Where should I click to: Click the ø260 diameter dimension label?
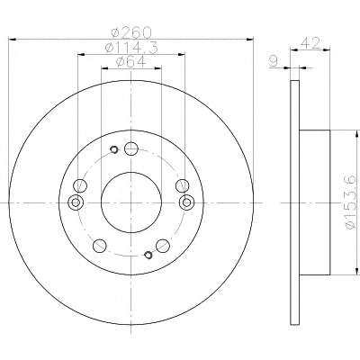pyautogui.click(x=131, y=32)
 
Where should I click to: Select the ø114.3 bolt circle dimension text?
pyautogui.click(x=131, y=48)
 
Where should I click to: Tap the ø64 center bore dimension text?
pyautogui.click(x=131, y=62)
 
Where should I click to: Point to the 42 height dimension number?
pyautogui.click(x=310, y=43)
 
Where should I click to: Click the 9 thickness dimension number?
pyautogui.click(x=274, y=61)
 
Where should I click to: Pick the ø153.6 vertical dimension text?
pyautogui.click(x=351, y=202)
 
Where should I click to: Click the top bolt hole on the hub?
pyautogui.click(x=131, y=148)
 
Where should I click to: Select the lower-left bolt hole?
pyautogui.click(x=100, y=246)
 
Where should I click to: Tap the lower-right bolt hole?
pyautogui.click(x=163, y=246)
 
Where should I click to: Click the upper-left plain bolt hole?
pyautogui.click(x=80, y=185)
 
